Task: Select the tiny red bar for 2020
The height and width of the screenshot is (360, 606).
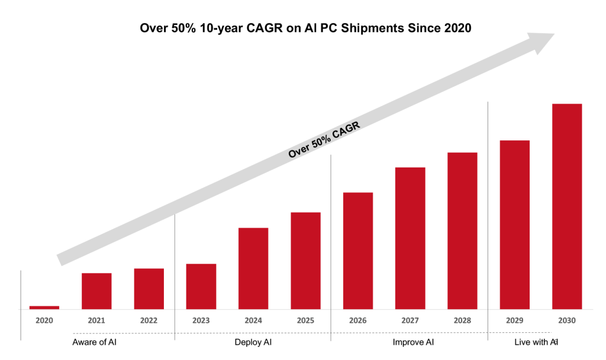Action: (44, 307)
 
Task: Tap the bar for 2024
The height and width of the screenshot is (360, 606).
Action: (253, 268)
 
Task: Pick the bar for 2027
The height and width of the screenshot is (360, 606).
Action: (410, 238)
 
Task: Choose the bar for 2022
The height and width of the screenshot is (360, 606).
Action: (149, 288)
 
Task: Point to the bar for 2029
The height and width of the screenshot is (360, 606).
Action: (514, 224)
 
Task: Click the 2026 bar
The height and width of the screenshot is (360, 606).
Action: (358, 250)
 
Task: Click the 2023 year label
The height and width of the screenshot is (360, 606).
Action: (201, 320)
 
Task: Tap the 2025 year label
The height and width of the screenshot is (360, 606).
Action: (305, 320)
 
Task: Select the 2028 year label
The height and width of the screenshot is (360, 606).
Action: (462, 320)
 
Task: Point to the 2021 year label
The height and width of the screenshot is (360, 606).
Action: (96, 320)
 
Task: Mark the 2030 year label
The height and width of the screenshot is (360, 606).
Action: (567, 320)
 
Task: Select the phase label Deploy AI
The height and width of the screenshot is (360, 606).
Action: (253, 342)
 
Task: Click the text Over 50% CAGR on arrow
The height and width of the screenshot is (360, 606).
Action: (324, 140)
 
